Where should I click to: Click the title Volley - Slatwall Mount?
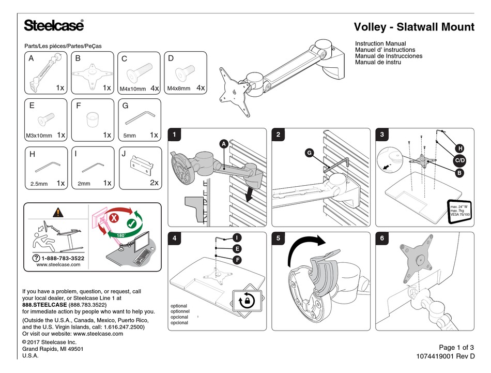pyautogui.click(x=413, y=27)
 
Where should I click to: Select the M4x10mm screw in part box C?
pyautogui.click(x=141, y=72)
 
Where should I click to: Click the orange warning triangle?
pyautogui.click(x=58, y=212)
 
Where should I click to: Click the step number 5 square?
pyautogui.click(x=279, y=239)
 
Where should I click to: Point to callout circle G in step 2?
pyautogui.click(x=309, y=153)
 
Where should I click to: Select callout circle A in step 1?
pyautogui.click(x=224, y=143)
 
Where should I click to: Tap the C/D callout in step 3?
pyautogui.click(x=459, y=161)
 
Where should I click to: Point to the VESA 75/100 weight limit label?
pyautogui.click(x=458, y=211)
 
